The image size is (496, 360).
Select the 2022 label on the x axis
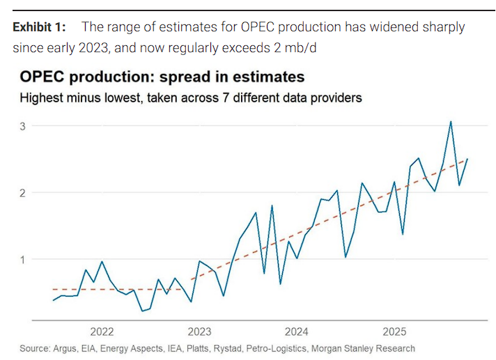[x=102, y=331]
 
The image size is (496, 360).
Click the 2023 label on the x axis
[x=199, y=331]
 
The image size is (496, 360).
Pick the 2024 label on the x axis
[x=297, y=331]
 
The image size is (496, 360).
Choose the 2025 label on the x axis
[x=394, y=331]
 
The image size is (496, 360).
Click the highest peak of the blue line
[x=451, y=121]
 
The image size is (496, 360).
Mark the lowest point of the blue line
[x=142, y=311]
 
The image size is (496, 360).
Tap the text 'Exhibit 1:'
[x=40, y=27]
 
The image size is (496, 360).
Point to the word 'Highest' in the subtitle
[x=40, y=97]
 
